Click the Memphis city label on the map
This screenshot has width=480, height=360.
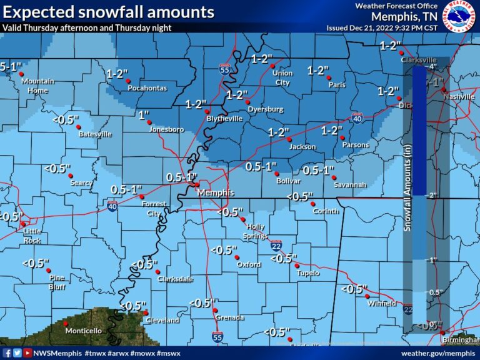coord(216,193)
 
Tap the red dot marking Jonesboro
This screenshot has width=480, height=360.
coord(149,122)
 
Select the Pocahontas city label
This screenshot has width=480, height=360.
coord(147,88)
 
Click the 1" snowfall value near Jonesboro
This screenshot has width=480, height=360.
coord(144,115)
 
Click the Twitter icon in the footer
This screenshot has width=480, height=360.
coord(17,353)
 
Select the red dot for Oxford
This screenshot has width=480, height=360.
coord(236,257)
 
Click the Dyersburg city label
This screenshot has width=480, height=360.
coord(265,109)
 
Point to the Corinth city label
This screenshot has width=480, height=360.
coord(326,211)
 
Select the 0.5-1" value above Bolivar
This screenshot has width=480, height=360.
coord(261,167)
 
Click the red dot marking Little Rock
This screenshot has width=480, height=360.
coord(24,224)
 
